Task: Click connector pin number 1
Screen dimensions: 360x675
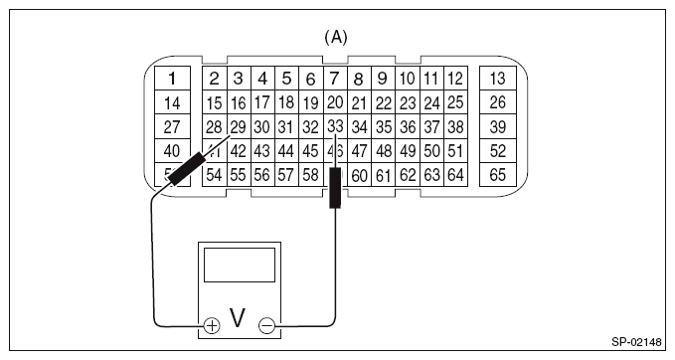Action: [x=172, y=79]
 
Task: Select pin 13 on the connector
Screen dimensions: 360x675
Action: [x=498, y=79]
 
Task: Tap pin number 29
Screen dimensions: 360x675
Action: [x=238, y=126]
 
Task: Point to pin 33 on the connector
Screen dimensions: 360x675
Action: [x=335, y=126]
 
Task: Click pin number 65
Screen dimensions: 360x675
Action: [x=498, y=175]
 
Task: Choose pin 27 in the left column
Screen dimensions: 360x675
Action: [x=172, y=126]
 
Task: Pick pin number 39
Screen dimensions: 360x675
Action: [x=498, y=126]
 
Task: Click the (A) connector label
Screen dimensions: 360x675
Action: [x=336, y=37]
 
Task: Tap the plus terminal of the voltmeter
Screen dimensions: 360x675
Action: [x=212, y=324]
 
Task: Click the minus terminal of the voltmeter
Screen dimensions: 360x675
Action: [x=265, y=324]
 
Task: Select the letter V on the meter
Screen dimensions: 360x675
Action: [x=239, y=318]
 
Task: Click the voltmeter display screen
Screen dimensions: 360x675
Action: [x=239, y=267]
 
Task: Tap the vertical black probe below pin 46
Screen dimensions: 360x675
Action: [x=335, y=188]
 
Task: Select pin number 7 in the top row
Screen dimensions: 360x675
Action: [x=335, y=78]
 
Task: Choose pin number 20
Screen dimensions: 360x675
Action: [x=335, y=101]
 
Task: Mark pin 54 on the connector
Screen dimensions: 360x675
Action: [x=214, y=175]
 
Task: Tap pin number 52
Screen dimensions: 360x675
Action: [x=498, y=151]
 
